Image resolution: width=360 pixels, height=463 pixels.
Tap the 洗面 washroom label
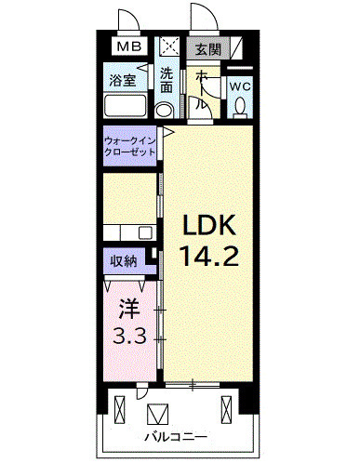tap(166, 80)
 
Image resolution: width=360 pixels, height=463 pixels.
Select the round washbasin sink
tap(166, 110)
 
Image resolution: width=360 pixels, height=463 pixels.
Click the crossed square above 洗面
tap(170, 46)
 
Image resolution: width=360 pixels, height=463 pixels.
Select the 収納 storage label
tap(123, 261)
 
